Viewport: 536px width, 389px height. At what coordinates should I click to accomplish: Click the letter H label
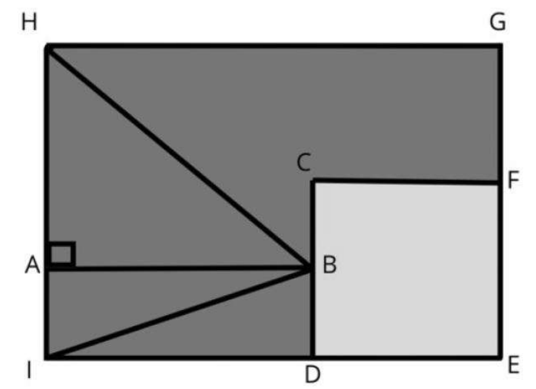[x=29, y=23]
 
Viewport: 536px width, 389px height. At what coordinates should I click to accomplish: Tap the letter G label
[x=497, y=23]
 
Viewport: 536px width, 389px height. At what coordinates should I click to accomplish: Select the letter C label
[x=304, y=162]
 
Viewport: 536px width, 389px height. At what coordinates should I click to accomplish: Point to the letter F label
[x=513, y=180]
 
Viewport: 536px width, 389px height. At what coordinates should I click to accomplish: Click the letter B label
[x=330, y=265]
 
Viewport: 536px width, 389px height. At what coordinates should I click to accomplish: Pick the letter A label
[x=33, y=265]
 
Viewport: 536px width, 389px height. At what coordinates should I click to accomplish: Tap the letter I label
[x=29, y=370]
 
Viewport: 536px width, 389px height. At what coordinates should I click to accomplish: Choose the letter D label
[x=313, y=374]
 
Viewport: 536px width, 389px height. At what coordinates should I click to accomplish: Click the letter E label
[x=513, y=365]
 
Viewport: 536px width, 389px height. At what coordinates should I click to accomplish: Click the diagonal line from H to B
[x=179, y=157]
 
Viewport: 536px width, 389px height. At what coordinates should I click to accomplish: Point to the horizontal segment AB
[x=179, y=269]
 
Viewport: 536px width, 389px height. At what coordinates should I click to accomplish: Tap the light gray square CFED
[x=406, y=269]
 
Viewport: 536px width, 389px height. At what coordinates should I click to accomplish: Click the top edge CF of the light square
[x=406, y=181]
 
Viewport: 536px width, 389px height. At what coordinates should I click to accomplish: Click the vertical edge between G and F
[x=500, y=114]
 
